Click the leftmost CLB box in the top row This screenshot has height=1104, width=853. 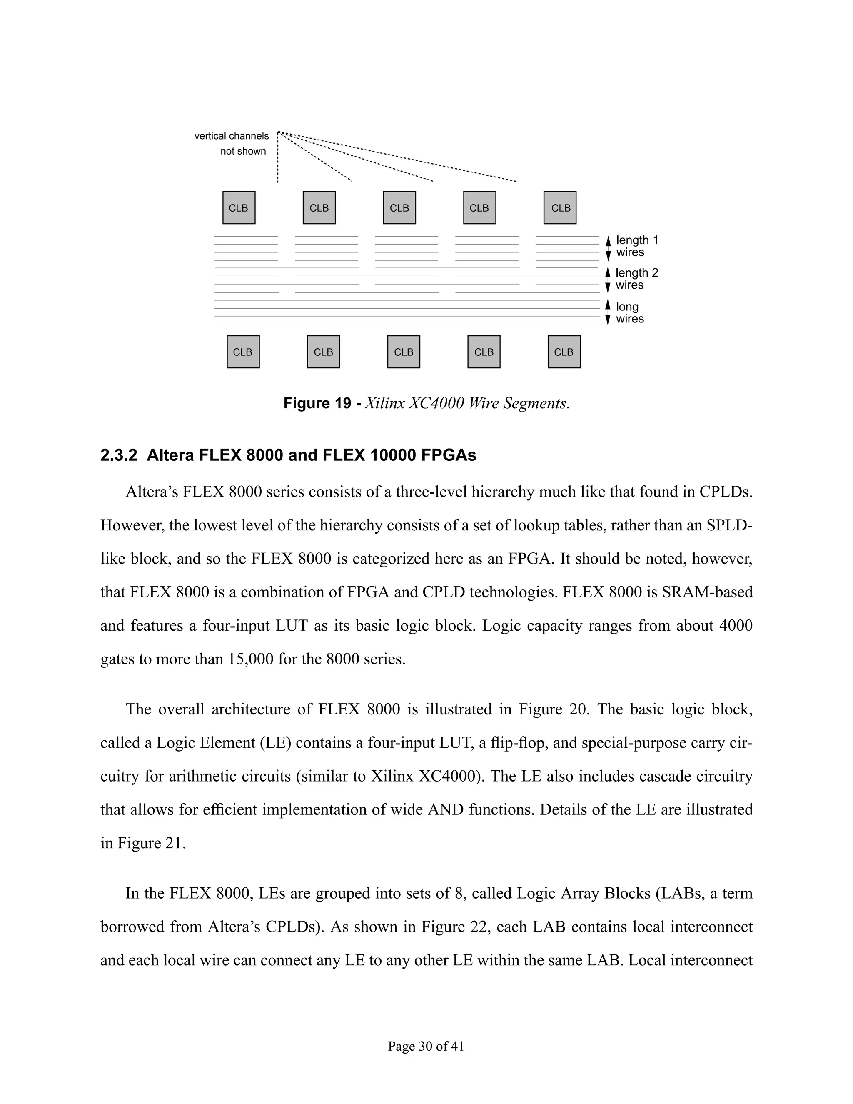tap(239, 208)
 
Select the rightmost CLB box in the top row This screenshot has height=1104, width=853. tap(560, 208)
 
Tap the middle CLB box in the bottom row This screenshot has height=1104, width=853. tap(403, 352)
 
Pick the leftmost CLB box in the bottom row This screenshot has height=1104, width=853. tap(242, 352)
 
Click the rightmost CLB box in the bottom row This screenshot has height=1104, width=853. tap(564, 352)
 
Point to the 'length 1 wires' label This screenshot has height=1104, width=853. tap(636, 246)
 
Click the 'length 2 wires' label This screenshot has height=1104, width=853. tap(636, 279)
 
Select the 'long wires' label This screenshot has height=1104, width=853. tap(629, 312)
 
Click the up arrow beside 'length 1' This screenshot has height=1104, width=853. tap(609, 241)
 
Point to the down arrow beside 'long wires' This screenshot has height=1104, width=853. tap(609, 320)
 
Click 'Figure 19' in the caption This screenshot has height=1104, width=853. tap(317, 403)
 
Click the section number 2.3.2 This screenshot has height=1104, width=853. tap(119, 455)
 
